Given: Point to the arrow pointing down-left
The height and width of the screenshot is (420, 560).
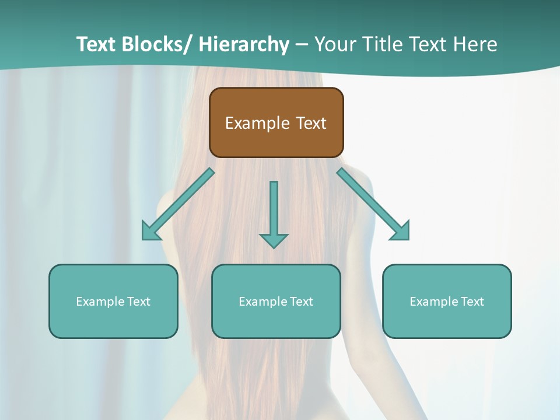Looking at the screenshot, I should [x=178, y=205].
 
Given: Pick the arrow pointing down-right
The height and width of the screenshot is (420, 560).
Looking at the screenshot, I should [x=373, y=205].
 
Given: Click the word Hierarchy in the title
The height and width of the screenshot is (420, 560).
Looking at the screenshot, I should [x=244, y=44].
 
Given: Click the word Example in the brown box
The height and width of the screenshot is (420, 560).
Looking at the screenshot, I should [x=257, y=123].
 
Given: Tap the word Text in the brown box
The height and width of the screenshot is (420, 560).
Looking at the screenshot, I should [x=311, y=123].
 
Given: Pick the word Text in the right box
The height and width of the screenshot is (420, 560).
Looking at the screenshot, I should [x=472, y=302].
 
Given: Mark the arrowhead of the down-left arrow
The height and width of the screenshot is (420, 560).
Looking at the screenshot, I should [x=150, y=232].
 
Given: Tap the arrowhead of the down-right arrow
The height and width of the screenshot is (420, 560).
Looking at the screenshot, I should [x=401, y=232].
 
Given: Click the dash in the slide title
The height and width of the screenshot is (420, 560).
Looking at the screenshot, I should [x=302, y=44].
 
